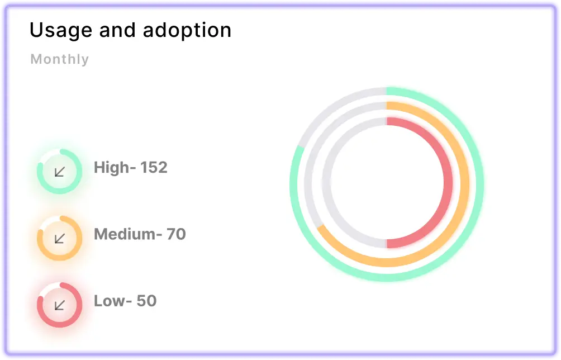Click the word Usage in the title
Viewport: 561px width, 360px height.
[x=61, y=31]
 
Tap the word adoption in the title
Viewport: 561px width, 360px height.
[x=187, y=31]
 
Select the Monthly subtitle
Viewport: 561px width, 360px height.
[x=59, y=59]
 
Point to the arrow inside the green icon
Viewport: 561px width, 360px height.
[x=60, y=172]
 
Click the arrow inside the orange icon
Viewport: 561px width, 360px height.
[x=60, y=238]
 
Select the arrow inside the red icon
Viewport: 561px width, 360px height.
[x=60, y=305]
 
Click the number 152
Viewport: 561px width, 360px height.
[x=154, y=168]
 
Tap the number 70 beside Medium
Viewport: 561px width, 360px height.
[x=176, y=234]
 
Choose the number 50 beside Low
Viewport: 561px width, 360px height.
[x=147, y=301]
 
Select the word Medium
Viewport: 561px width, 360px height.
[x=125, y=234]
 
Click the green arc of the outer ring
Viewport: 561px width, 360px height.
[x=479, y=184]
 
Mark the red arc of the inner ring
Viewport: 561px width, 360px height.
[x=448, y=182]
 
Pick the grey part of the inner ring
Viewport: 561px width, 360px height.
[x=326, y=182]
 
